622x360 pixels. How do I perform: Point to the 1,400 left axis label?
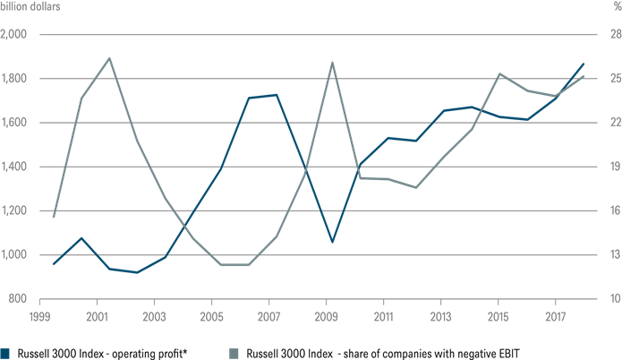(x=18, y=167)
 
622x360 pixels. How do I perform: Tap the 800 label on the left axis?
(x=21, y=299)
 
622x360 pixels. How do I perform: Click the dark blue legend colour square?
(x=5, y=353)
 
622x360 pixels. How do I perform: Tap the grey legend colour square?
(x=235, y=353)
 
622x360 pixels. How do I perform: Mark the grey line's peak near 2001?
(x=109, y=58)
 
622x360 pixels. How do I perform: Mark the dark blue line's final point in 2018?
(x=584, y=64)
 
